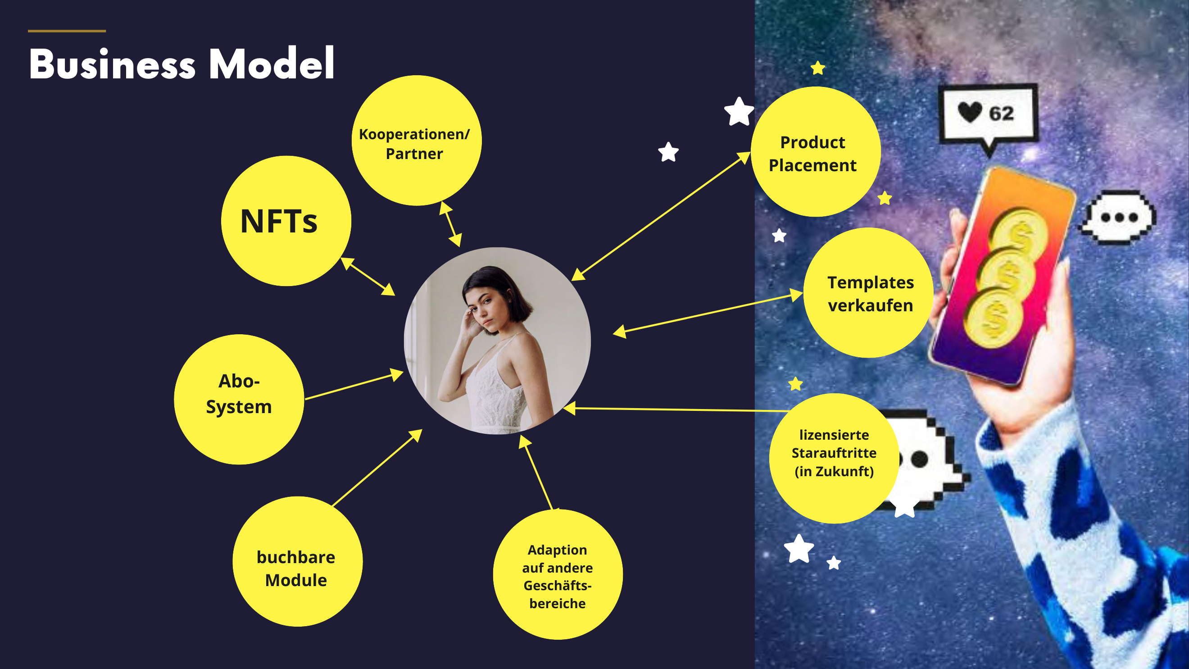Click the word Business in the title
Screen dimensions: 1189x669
(x=112, y=64)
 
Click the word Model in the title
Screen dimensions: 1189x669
(x=272, y=63)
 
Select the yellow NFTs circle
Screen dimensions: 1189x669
(x=286, y=221)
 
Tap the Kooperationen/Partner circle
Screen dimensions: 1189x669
(x=416, y=141)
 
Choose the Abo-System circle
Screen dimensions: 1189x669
(x=239, y=399)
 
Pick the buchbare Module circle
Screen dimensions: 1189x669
(x=298, y=561)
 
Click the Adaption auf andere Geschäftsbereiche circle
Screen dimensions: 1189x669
(x=558, y=574)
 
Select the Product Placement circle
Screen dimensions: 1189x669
(x=816, y=151)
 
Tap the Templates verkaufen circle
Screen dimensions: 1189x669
(x=868, y=293)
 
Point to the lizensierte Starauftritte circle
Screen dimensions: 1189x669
(x=834, y=459)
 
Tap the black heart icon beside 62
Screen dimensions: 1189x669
(x=969, y=112)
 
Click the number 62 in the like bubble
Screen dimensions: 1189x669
(x=1001, y=114)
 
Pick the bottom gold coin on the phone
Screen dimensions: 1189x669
(x=995, y=318)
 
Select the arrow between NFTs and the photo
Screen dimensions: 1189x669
(x=368, y=277)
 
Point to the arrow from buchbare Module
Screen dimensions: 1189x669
(x=377, y=468)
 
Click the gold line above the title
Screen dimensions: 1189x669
(x=67, y=31)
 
